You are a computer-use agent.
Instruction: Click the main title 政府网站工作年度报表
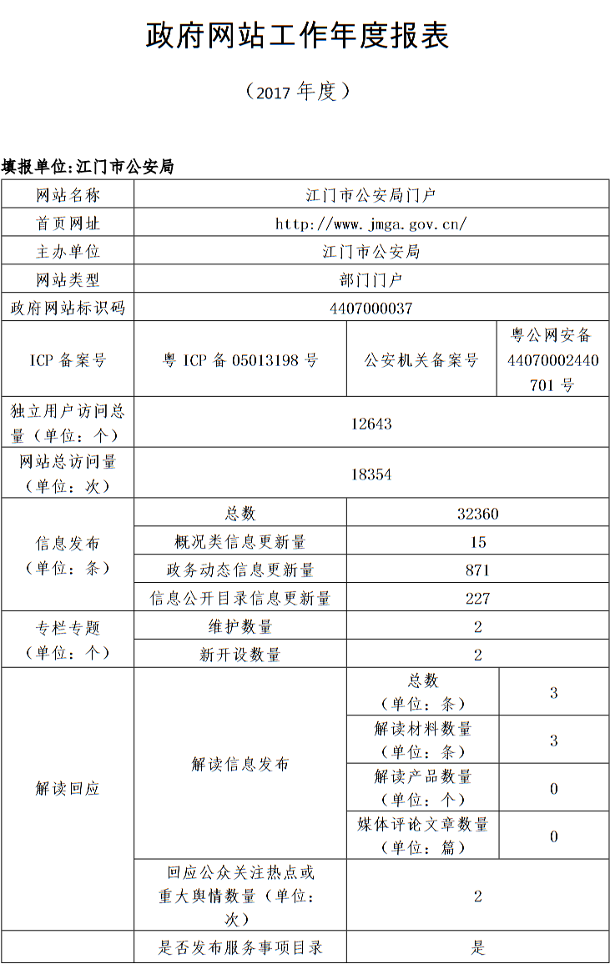click(298, 36)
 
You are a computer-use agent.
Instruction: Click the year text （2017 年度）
click(297, 92)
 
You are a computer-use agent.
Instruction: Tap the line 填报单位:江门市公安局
click(88, 167)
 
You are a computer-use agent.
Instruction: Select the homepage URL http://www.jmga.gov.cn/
click(371, 223)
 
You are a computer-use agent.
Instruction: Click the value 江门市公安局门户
click(371, 195)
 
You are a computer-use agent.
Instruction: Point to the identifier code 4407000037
click(371, 308)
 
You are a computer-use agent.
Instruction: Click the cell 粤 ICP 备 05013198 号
click(240, 360)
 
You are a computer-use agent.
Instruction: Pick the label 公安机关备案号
click(421, 360)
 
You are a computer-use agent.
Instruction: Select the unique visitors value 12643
click(371, 424)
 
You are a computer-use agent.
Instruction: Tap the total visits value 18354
click(371, 474)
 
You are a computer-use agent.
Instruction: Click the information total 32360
click(477, 514)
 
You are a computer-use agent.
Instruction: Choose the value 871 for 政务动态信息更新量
click(477, 570)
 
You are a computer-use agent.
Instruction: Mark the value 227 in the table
click(477, 599)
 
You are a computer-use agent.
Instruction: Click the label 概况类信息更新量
click(240, 542)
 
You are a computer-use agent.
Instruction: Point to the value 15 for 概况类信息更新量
click(477, 542)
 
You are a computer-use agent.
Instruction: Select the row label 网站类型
click(68, 280)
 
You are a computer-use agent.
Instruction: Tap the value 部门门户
click(371, 280)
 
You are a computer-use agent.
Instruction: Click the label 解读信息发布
click(240, 764)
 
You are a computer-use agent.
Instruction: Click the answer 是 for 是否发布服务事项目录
click(477, 947)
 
